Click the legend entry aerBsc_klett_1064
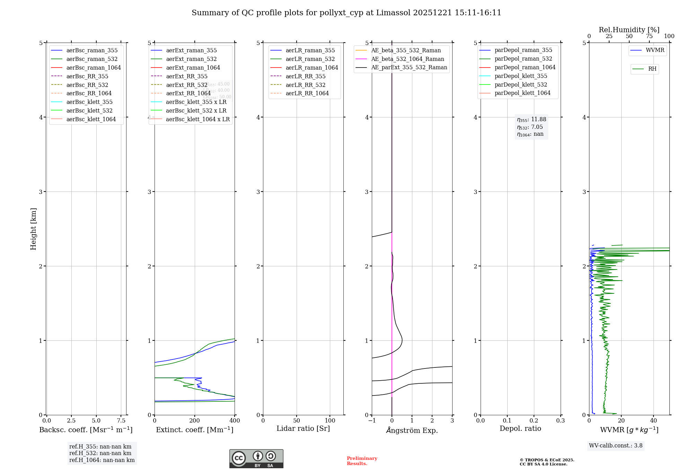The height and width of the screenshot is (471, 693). [x=91, y=119]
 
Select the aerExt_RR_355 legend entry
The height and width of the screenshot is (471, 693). [x=187, y=76]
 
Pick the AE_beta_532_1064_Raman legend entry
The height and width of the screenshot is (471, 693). [x=407, y=59]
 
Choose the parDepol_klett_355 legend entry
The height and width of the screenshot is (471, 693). [x=521, y=76]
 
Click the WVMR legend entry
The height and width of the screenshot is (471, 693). [x=655, y=50]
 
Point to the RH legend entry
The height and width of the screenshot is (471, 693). [x=652, y=69]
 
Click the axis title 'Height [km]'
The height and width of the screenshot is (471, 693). [x=33, y=229]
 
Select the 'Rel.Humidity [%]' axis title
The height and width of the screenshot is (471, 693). [x=629, y=30]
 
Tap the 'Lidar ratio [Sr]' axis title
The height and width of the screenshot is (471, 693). [x=303, y=428]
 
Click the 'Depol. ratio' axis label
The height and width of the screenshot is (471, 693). [x=520, y=428]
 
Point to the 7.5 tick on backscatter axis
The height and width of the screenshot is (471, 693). [x=121, y=420]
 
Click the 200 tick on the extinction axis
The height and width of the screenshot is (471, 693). [x=195, y=420]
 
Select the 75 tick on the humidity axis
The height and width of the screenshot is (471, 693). [x=649, y=36]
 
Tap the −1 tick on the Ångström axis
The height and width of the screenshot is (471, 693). [x=371, y=420]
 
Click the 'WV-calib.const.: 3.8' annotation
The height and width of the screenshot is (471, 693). [x=616, y=446]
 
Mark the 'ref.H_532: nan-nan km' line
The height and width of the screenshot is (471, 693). [x=100, y=453]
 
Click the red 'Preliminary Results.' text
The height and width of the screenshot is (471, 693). [x=362, y=461]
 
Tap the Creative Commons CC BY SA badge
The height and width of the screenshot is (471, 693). [x=256, y=459]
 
